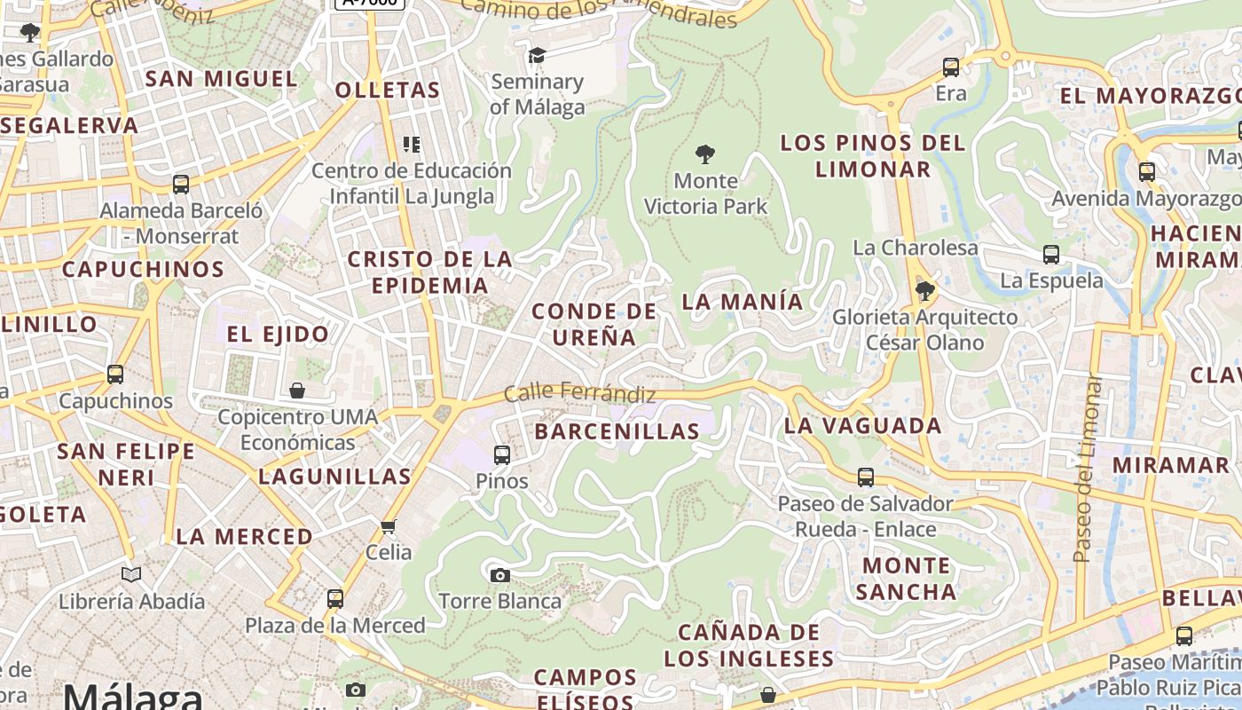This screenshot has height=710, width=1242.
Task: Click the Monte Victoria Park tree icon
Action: [x=705, y=155]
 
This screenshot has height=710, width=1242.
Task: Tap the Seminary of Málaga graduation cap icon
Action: [x=537, y=56]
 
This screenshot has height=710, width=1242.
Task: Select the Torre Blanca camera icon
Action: [x=500, y=575]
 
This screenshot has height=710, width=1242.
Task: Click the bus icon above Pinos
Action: [x=502, y=455]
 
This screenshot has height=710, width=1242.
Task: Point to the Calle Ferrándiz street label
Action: [x=579, y=393]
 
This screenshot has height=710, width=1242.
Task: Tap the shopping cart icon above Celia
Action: [x=388, y=527]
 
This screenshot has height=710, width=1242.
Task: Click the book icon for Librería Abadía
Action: [x=131, y=575]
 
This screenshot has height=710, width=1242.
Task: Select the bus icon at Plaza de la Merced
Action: [x=334, y=599]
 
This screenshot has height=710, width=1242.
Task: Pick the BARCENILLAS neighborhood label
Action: [x=617, y=431]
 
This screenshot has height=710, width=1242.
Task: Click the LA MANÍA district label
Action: [x=743, y=302]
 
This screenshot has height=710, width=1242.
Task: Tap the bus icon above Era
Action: [x=951, y=67]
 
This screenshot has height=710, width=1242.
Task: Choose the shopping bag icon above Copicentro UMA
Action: [x=297, y=390]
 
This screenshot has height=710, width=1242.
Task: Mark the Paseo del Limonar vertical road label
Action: [x=1086, y=470]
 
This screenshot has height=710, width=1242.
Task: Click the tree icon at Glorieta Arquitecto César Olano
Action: [x=924, y=290]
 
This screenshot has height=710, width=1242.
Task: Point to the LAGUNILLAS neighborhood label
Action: [x=334, y=477]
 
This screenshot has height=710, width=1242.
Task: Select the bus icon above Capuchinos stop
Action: [x=115, y=375]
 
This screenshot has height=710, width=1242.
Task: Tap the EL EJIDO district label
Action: [x=278, y=335]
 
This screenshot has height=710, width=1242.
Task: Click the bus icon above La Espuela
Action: [x=1051, y=255]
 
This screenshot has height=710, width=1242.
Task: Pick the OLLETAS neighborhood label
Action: [x=388, y=90]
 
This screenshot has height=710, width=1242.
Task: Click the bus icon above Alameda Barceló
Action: [x=181, y=185]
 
